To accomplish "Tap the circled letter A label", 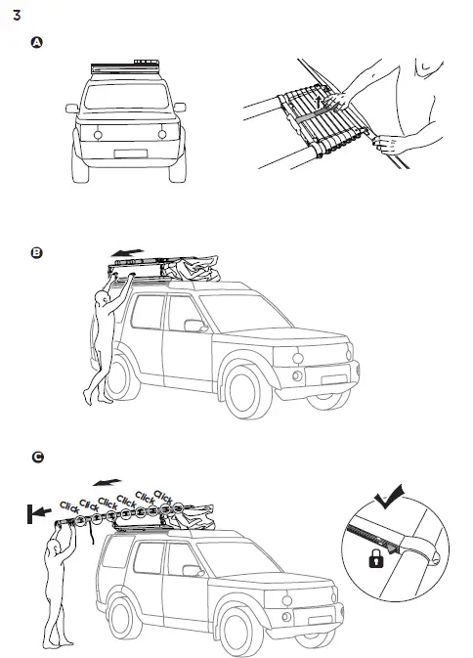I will pos(37,44).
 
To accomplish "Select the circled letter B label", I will pos(37,252).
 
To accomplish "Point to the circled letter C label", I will pos(37,457).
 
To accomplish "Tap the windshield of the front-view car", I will pos(127,95).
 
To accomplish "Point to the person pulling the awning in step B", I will pos(101,342).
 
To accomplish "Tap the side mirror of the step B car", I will pos(193,325).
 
